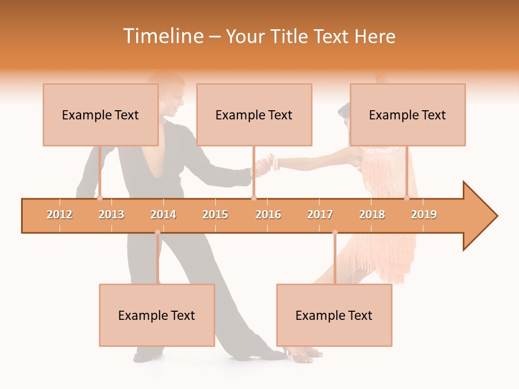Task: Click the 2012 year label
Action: click(x=59, y=214)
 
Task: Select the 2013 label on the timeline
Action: click(x=111, y=214)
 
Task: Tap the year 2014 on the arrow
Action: click(x=163, y=214)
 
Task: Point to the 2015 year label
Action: click(x=215, y=214)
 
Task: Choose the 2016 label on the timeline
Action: click(x=268, y=214)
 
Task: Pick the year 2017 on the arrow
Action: click(x=320, y=214)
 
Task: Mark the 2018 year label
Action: click(x=372, y=214)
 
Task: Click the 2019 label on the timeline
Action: click(x=424, y=214)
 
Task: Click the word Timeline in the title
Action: click(x=162, y=36)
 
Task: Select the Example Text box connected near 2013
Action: click(x=101, y=115)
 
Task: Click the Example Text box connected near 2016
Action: click(x=254, y=115)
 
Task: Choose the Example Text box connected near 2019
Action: click(x=408, y=115)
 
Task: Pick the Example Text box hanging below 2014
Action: click(x=157, y=315)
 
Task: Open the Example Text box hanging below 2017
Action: click(x=334, y=315)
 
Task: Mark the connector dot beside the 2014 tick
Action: click(x=157, y=232)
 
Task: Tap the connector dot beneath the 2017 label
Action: click(x=335, y=232)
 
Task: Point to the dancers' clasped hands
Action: click(x=265, y=164)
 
